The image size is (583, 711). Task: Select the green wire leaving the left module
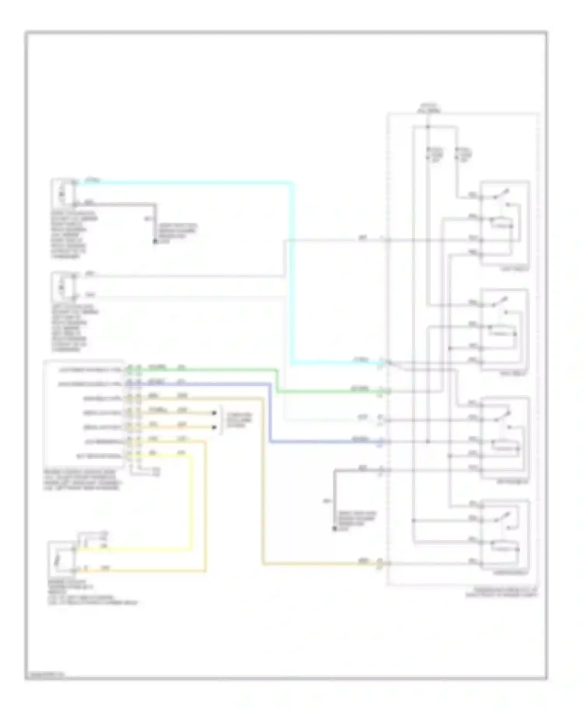(210, 369)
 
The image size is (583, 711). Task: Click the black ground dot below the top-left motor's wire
(155, 242)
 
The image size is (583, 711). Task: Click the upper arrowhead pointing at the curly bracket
(214, 413)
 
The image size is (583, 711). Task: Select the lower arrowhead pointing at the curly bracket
(214, 427)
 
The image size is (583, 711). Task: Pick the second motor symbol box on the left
(62, 286)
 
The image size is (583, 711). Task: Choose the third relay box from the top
(504, 437)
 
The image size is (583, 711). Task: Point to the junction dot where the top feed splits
(428, 126)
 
